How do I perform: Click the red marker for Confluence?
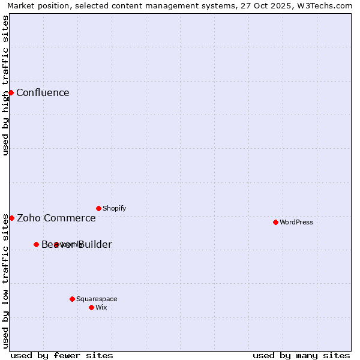click(x=11, y=92)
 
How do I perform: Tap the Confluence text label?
click(x=43, y=92)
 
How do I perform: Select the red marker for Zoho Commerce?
click(x=11, y=218)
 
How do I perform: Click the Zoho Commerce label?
click(x=56, y=218)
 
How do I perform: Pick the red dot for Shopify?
click(x=98, y=208)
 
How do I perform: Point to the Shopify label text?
click(x=114, y=208)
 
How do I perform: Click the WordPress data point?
click(x=275, y=222)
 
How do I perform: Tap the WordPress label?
click(x=296, y=222)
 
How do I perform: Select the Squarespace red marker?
click(x=72, y=299)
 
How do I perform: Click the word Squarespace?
click(x=97, y=299)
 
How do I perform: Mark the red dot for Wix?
click(x=91, y=307)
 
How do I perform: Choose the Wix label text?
click(x=101, y=307)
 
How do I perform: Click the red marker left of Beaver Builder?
click(x=36, y=244)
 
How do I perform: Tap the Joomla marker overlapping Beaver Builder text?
click(x=56, y=244)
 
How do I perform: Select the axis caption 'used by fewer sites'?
click(x=62, y=355)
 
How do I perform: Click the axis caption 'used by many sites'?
click(x=301, y=355)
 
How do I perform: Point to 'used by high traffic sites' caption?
click(x=6, y=85)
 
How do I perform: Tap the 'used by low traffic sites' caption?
click(x=6, y=280)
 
